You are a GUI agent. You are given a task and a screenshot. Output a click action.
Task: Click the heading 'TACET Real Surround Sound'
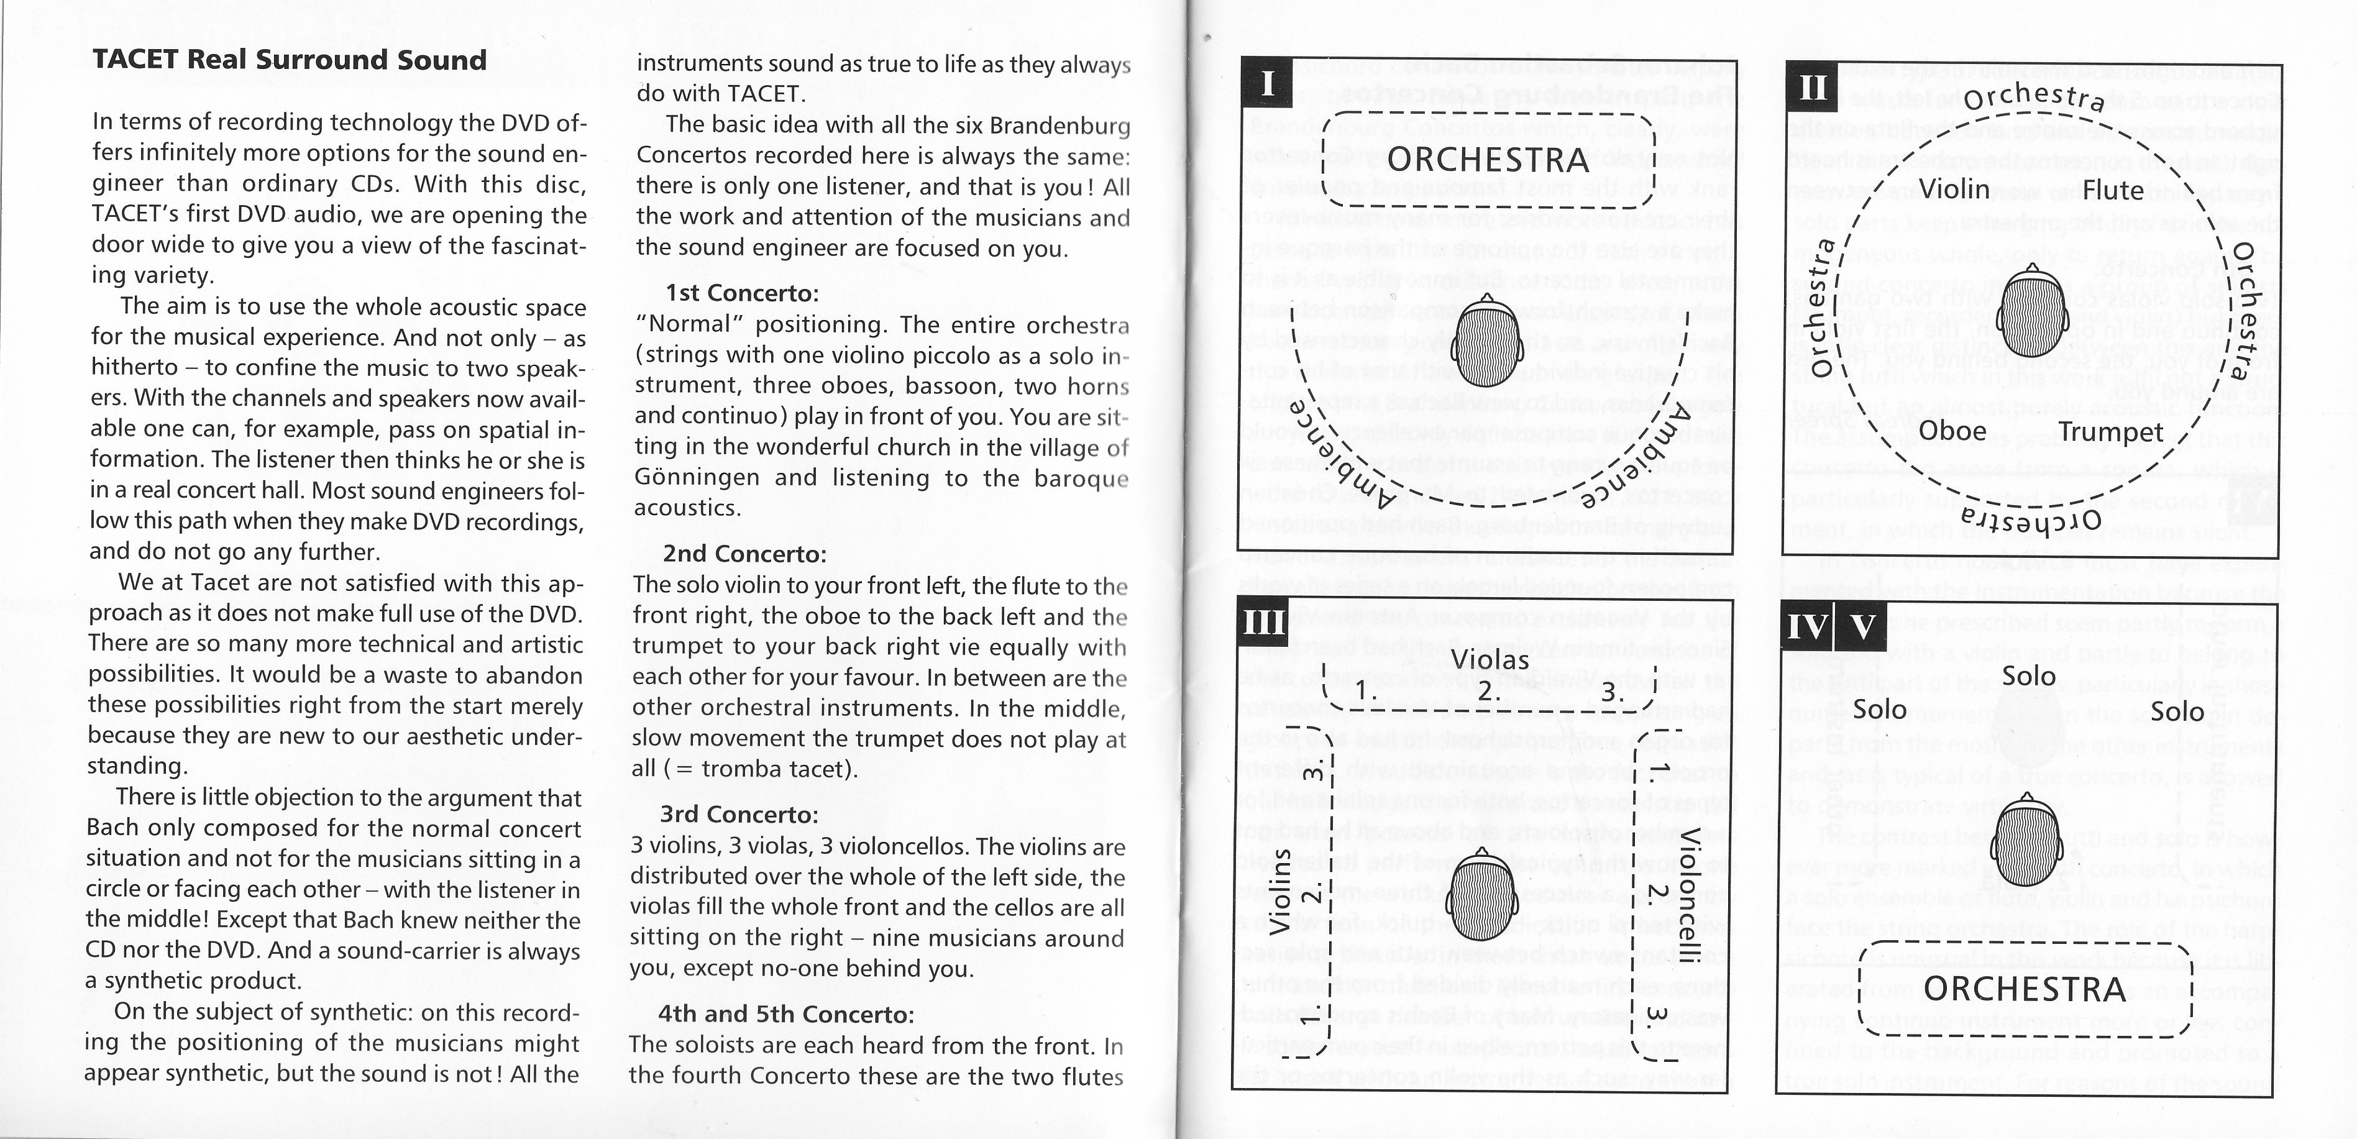click(289, 60)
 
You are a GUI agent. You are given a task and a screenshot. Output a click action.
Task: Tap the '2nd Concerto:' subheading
click(744, 554)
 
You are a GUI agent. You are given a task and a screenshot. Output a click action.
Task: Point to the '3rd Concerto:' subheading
click(739, 814)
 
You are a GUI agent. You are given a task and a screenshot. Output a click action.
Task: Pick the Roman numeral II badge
click(1811, 88)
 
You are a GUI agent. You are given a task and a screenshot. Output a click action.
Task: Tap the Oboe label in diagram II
click(1952, 431)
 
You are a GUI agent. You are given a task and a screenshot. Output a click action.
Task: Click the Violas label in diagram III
click(1490, 660)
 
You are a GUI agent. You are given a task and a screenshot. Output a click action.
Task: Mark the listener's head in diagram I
click(1488, 343)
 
